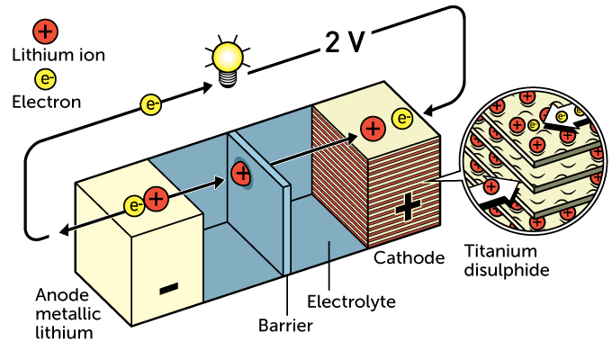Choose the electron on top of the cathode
pyautogui.click(x=401, y=119)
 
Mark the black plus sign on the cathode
pyautogui.click(x=407, y=209)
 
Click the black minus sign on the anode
pyautogui.click(x=168, y=288)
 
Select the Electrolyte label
pyautogui.click(x=351, y=301)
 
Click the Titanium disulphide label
pyautogui.click(x=503, y=260)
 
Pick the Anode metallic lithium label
pyautogui.click(x=65, y=314)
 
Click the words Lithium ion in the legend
pyautogui.click(x=58, y=55)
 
